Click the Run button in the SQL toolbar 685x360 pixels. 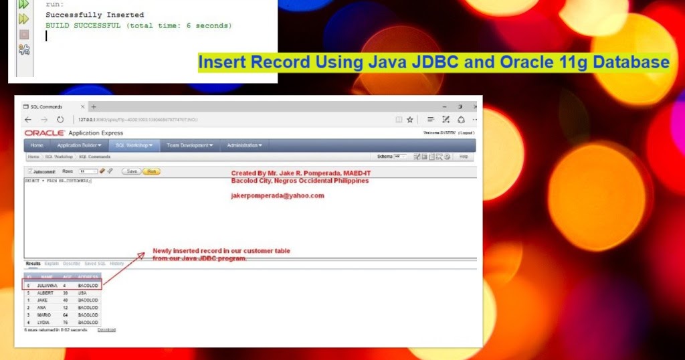click(x=152, y=171)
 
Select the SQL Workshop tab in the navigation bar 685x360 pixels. click(x=134, y=145)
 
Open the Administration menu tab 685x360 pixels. click(x=244, y=145)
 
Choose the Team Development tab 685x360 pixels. click(x=190, y=145)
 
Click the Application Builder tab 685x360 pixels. click(x=80, y=145)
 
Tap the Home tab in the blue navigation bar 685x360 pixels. click(x=37, y=145)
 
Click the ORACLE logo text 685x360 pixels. click(x=45, y=133)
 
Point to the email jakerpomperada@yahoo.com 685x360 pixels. click(x=278, y=196)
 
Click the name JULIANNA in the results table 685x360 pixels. click(x=47, y=285)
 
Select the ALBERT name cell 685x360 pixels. click(x=45, y=292)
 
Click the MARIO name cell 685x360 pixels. click(x=44, y=314)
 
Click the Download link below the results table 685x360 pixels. click(x=106, y=330)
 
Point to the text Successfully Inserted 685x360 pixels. click(x=94, y=15)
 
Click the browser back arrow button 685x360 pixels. click(x=28, y=120)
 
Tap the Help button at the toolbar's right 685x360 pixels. click(x=464, y=157)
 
